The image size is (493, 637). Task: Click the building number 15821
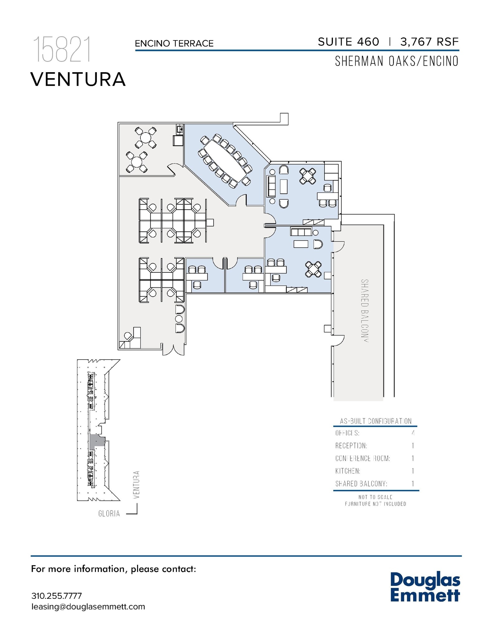62,50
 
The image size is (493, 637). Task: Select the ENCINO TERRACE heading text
174,44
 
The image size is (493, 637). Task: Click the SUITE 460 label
348,42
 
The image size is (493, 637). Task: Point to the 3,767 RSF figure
429,42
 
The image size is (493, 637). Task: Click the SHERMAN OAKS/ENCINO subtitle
396,62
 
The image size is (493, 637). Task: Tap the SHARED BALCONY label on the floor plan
365,311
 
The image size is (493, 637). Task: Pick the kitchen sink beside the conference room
179,128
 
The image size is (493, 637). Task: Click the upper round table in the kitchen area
146,137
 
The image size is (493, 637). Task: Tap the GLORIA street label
109,514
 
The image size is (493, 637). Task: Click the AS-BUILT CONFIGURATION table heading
376,421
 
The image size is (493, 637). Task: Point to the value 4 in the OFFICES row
413,433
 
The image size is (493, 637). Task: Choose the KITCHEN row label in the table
348,471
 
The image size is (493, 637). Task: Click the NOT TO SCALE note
375,497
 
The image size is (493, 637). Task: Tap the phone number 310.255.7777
56,596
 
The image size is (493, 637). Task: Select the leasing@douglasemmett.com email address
88,607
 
